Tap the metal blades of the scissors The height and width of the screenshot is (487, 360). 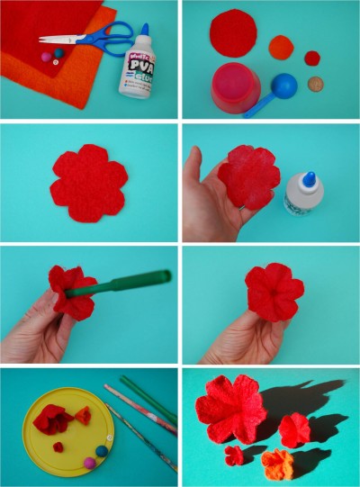[x=60, y=39]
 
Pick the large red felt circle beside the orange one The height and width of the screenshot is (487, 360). [x=233, y=33]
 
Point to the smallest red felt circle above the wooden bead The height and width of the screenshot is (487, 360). [x=311, y=59]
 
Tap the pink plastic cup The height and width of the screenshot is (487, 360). [x=236, y=87]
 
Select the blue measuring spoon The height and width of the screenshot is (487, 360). [x=281, y=90]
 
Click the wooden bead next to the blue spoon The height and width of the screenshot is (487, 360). [x=316, y=85]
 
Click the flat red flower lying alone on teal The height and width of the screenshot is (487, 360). [x=88, y=183]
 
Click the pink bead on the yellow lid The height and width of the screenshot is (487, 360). [x=90, y=462]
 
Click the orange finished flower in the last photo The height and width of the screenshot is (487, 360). [x=277, y=464]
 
